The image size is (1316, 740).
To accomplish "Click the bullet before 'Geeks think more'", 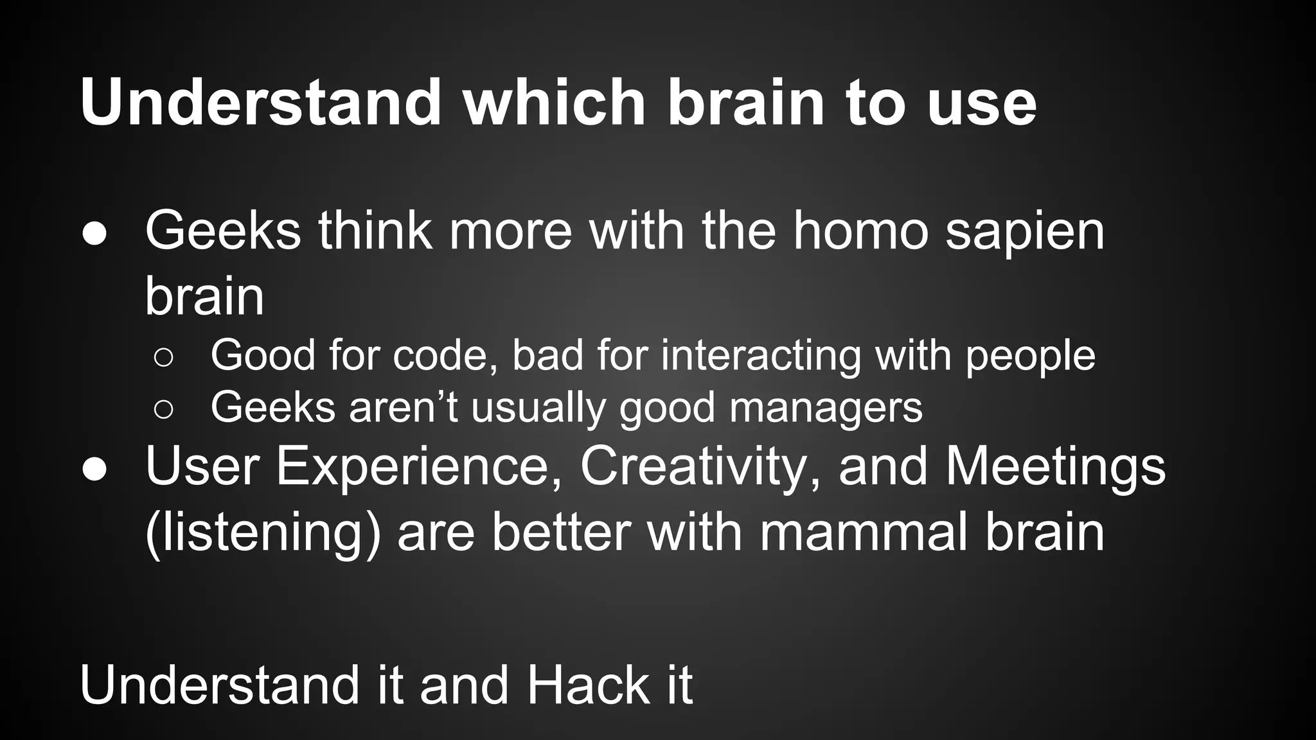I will coord(94,234).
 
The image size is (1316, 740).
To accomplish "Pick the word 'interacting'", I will coord(761,356).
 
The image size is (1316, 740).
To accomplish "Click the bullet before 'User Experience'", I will coord(94,470).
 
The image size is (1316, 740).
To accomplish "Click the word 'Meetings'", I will coord(1055,467).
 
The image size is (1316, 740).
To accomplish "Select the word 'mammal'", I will coord(863,533).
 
